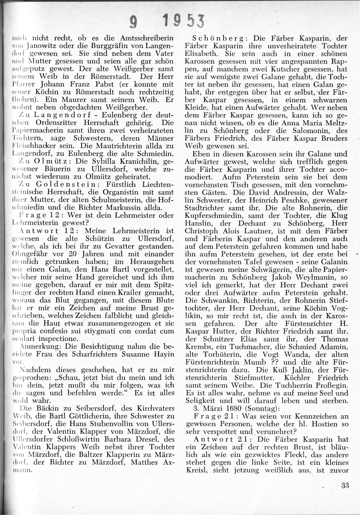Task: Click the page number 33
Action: (345, 485)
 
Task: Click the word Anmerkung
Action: (38, 346)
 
